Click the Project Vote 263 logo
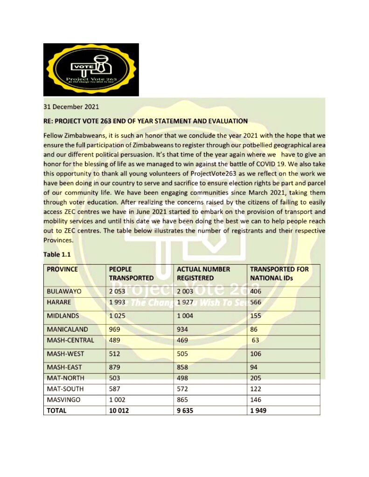pos(91,69)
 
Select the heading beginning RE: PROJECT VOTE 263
pos(146,121)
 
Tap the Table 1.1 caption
pos(58,254)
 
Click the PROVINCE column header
pos(63,269)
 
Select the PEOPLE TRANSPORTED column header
pos(131,273)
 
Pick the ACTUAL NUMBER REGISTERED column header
pos(203,273)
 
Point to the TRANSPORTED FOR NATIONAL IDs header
pos(279,273)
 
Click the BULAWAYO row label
pos(64,291)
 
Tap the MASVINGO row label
pos(63,400)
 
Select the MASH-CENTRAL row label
pos(70,340)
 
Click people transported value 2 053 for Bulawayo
pos(118,291)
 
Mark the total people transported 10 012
pos(119,411)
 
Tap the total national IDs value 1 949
pos(259,411)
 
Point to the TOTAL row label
pos(57,411)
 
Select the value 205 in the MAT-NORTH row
pos(256,378)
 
